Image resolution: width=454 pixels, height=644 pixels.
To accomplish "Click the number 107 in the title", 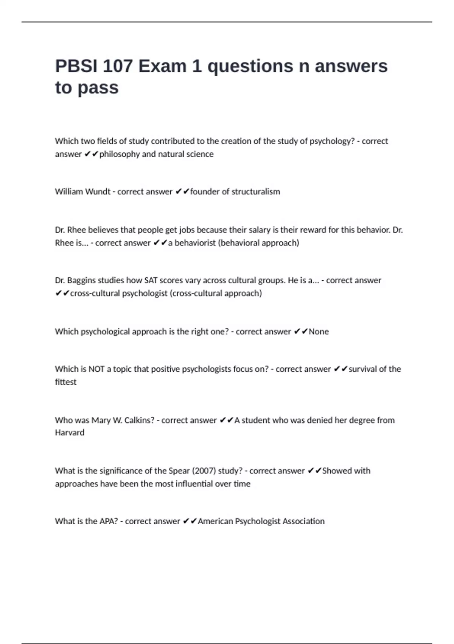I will [117, 66].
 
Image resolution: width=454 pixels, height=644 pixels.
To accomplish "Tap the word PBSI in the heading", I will [76, 66].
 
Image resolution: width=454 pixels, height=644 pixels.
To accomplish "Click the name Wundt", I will [98, 192].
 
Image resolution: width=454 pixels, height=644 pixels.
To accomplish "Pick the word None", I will [319, 331].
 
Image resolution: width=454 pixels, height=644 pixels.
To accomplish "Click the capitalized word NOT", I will [96, 369].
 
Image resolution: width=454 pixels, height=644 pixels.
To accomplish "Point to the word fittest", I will [65, 382].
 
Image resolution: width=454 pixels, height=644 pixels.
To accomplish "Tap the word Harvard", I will [70, 433].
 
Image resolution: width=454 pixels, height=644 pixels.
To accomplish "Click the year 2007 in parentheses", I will [204, 471].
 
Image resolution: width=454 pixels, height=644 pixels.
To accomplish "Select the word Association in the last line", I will [303, 521].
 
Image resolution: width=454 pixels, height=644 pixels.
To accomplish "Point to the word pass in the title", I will [98, 88].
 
